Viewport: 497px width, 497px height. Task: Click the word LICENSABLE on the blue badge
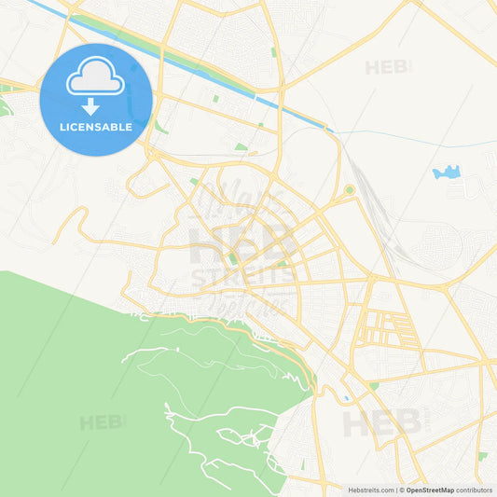pos(96,127)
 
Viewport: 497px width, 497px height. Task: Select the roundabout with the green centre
pos(349,190)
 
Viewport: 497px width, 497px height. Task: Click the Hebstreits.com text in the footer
pos(371,490)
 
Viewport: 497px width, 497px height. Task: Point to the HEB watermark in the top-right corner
pos(387,67)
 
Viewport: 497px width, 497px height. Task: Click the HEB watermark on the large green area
pos(101,422)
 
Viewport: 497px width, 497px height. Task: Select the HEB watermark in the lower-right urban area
pos(382,424)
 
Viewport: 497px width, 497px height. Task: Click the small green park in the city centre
pos(232,257)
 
